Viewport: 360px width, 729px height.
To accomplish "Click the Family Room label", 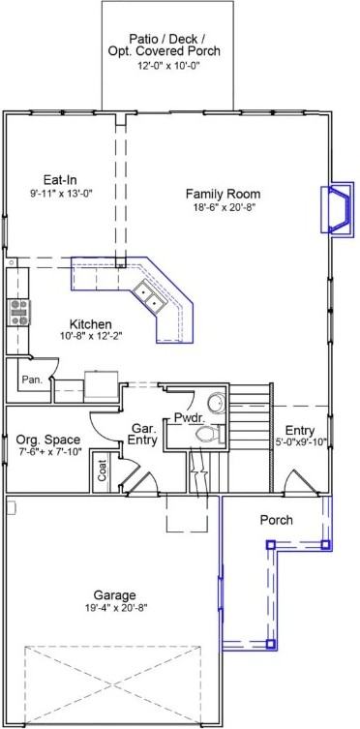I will [x=224, y=194].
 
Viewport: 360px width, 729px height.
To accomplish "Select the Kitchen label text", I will [x=90, y=323].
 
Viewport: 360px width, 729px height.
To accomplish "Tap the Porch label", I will [x=277, y=521].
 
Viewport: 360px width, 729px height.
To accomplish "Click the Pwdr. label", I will [x=188, y=418].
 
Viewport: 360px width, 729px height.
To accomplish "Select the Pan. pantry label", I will [x=32, y=380].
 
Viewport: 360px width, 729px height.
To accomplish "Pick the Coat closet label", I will [x=103, y=471].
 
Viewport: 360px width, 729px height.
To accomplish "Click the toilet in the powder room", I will [x=203, y=437].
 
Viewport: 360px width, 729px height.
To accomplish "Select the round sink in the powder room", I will [x=215, y=402].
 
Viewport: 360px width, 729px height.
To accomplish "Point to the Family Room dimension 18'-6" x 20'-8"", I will [x=224, y=207].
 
